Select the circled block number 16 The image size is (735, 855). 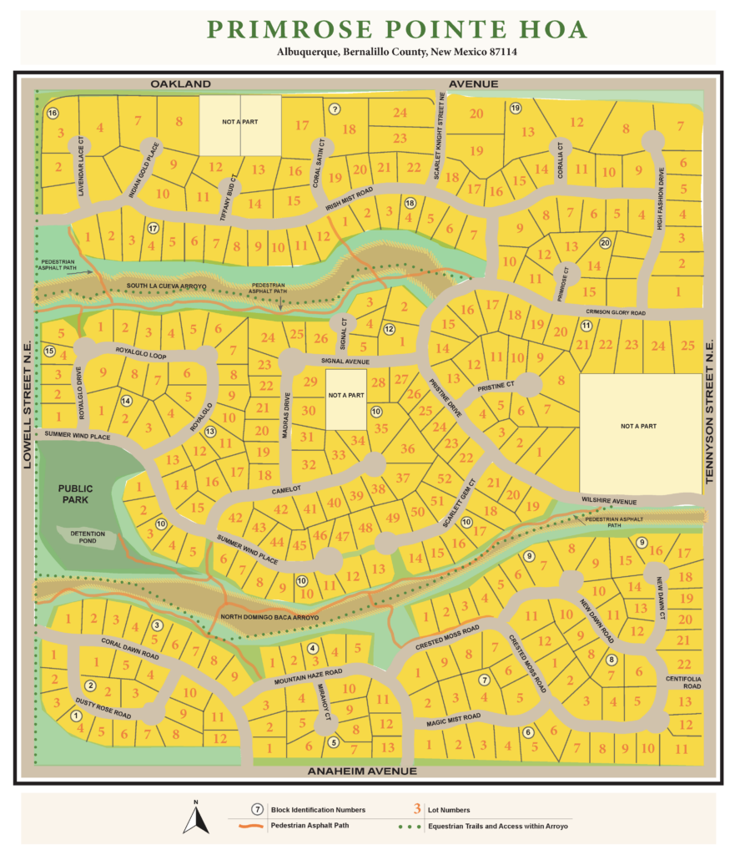(x=53, y=113)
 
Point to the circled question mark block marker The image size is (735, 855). (x=335, y=109)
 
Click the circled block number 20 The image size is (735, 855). (x=605, y=243)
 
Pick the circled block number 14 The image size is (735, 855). (x=127, y=401)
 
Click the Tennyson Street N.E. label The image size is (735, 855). (x=710, y=412)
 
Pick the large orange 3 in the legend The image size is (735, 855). (x=415, y=809)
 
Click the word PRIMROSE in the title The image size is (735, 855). (x=279, y=30)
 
